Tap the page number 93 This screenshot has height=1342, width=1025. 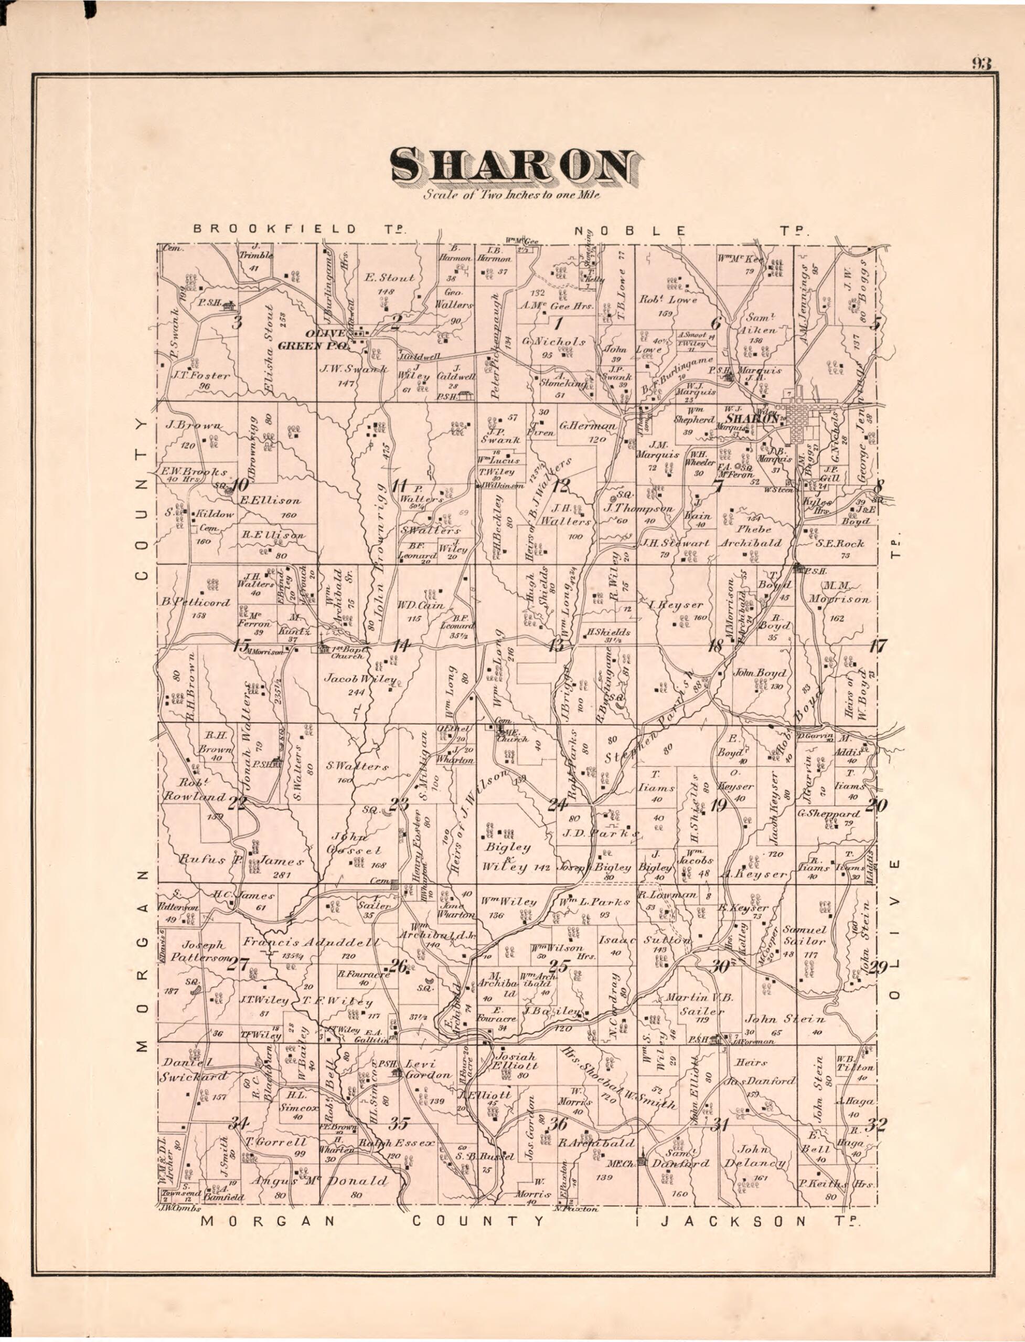point(981,64)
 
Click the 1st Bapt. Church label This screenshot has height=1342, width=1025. point(347,652)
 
